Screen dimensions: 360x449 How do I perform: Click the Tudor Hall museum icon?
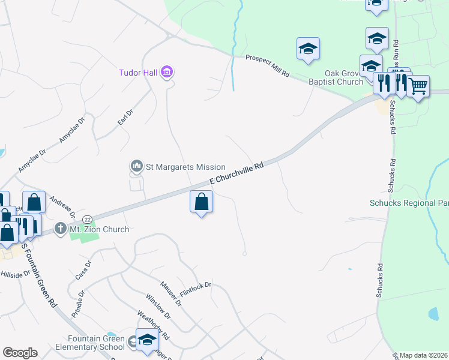point(167,73)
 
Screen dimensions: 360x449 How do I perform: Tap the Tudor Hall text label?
point(137,73)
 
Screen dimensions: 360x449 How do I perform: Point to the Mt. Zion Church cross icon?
point(60,229)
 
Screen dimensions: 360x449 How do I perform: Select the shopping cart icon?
point(418,86)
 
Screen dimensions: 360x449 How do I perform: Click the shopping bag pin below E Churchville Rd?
point(202,203)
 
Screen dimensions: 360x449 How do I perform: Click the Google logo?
point(20,353)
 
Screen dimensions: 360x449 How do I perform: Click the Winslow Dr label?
point(158,306)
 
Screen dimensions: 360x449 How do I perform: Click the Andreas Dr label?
point(62,206)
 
